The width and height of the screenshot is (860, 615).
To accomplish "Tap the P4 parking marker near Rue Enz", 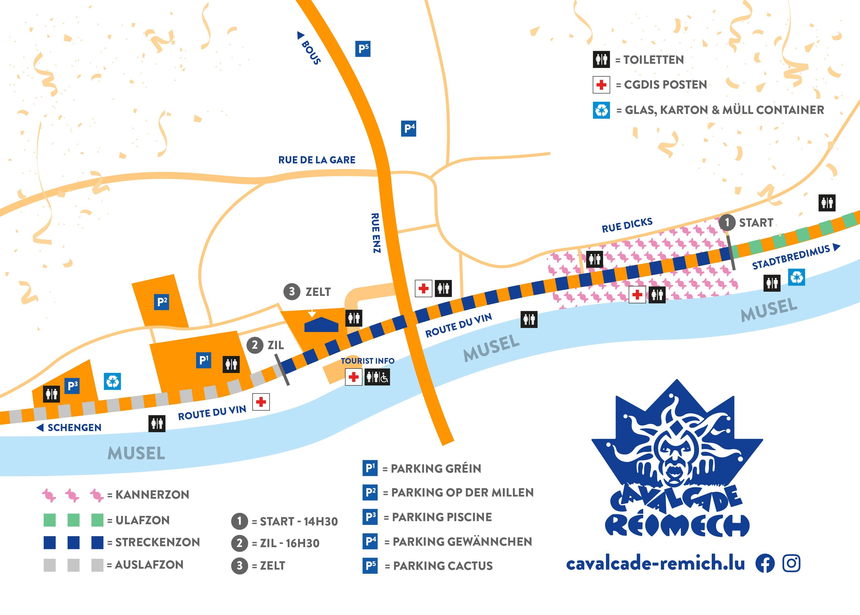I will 409,129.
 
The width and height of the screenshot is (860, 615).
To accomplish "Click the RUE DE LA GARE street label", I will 317,160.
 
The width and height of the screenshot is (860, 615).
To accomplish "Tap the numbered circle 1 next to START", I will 727,222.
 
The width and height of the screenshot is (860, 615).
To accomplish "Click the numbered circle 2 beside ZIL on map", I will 255,345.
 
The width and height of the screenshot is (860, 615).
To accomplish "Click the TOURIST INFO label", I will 367,361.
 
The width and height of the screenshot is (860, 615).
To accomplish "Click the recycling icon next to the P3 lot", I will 112,381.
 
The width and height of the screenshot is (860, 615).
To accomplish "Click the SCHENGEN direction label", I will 74,428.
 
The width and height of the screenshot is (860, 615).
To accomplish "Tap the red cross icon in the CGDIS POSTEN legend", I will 601,85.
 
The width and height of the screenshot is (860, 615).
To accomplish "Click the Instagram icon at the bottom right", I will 791,563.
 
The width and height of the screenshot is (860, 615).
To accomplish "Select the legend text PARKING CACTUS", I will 443,566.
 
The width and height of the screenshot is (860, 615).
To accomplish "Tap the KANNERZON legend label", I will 152,495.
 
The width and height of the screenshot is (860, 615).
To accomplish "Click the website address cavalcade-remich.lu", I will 655,563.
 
